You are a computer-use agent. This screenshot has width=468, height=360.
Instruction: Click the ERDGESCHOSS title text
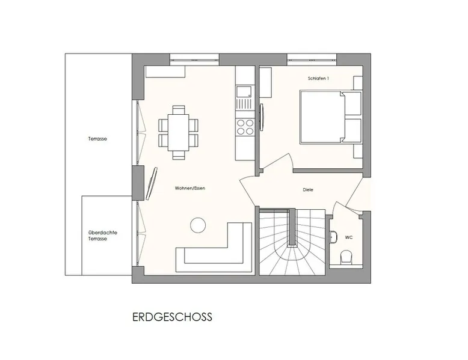tap(172, 317)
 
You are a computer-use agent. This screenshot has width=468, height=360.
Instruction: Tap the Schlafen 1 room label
tap(318, 79)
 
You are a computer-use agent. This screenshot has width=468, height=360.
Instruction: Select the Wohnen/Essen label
tap(190, 188)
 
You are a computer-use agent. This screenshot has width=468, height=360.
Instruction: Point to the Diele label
tap(308, 190)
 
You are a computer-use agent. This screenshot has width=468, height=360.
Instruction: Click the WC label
tap(349, 237)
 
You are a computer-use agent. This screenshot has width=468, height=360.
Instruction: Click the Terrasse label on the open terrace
tap(97, 139)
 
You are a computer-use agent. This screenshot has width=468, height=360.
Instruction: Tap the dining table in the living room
tap(179, 133)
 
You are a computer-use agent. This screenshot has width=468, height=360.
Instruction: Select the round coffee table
tap(198, 225)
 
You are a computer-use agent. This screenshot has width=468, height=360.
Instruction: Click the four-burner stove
tap(245, 127)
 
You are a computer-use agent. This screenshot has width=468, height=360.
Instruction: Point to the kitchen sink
tap(244, 91)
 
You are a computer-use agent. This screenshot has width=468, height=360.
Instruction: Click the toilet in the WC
tap(346, 257)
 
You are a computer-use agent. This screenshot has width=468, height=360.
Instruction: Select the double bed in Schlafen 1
tap(331, 117)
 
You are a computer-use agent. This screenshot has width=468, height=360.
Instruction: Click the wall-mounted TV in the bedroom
tap(262, 117)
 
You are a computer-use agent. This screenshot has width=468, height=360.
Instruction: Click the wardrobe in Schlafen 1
tap(265, 82)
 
